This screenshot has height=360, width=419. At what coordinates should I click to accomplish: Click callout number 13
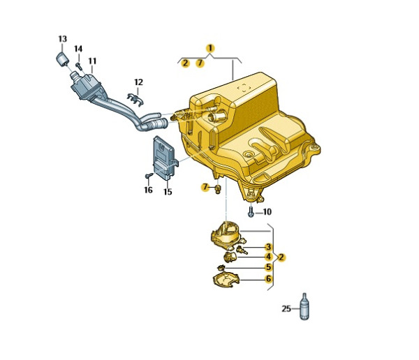[x=62, y=38]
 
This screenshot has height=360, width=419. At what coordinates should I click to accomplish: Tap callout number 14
[x=78, y=49]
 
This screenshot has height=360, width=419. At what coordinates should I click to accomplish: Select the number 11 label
[x=92, y=61]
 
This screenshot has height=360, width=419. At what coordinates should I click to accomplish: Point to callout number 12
[x=138, y=82]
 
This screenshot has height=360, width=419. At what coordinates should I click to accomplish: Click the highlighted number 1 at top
[x=209, y=48]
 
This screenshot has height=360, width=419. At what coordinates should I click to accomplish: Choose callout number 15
[x=168, y=192]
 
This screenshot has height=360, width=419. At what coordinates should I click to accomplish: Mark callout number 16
[x=148, y=190]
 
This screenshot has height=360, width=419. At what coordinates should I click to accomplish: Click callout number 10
[x=267, y=211]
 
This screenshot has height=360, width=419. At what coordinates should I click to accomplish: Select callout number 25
[x=286, y=308]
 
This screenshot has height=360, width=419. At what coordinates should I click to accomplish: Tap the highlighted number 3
[x=268, y=247]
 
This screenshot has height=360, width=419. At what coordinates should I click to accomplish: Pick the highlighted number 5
[x=268, y=267]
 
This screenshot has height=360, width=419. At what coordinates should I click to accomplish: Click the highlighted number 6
[x=268, y=279]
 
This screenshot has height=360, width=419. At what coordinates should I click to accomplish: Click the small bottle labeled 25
[x=305, y=308]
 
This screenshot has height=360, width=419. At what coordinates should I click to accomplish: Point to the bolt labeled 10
[x=251, y=210]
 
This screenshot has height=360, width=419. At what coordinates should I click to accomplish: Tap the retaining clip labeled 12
[x=137, y=98]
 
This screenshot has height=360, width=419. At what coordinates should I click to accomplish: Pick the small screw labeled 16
[x=149, y=176]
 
